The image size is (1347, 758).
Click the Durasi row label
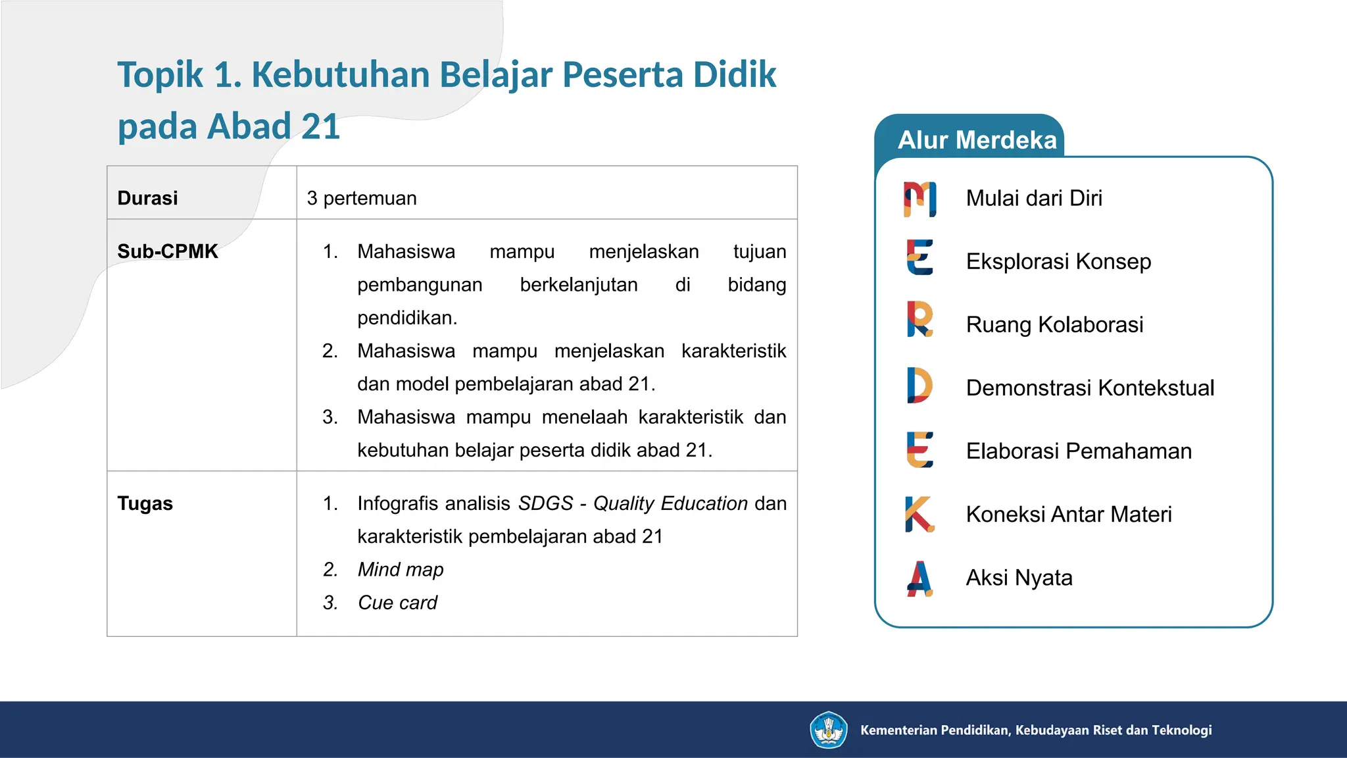click(x=147, y=198)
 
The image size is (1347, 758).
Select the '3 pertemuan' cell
click(x=362, y=198)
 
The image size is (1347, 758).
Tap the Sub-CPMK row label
click(x=167, y=251)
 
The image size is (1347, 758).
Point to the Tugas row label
click(x=145, y=503)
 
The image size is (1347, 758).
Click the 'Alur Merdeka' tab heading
click(x=977, y=140)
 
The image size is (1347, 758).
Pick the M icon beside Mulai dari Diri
click(x=919, y=199)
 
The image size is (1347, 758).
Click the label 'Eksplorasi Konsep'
click(x=1058, y=261)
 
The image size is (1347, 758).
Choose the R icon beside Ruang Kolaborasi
click(x=919, y=319)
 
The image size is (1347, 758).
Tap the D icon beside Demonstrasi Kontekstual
click(x=919, y=385)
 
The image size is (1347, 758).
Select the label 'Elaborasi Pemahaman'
click(x=1079, y=451)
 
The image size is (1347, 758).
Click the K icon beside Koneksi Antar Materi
click(x=919, y=514)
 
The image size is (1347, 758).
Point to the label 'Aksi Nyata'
click(x=1019, y=577)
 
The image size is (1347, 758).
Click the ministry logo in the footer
click(x=828, y=730)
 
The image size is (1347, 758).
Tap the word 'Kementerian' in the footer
click(x=898, y=730)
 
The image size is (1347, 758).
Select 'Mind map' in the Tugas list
click(x=401, y=569)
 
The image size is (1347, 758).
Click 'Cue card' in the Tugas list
click(x=397, y=602)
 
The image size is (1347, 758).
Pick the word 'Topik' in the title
click(x=160, y=74)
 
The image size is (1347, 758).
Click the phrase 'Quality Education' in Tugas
click(x=670, y=503)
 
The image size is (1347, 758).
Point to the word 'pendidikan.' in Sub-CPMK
click(x=407, y=318)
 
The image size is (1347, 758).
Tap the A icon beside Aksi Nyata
click(x=919, y=578)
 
